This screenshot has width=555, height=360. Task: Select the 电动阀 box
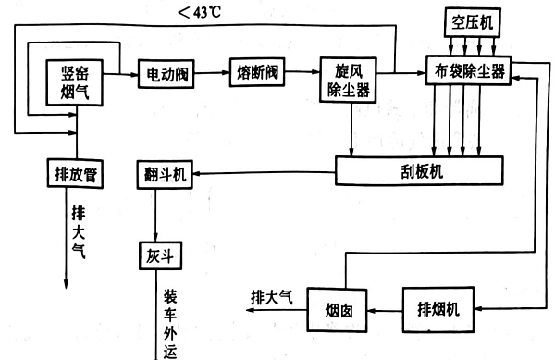[x=166, y=72]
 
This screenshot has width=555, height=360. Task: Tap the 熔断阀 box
[x=256, y=72]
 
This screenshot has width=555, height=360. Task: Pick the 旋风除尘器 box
[x=349, y=80]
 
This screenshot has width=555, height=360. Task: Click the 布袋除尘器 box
[x=466, y=72]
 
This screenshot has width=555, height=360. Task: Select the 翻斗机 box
[x=166, y=175]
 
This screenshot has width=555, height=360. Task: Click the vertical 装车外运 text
[x=170, y=324]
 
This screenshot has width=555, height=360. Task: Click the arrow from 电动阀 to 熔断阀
[x=212, y=72]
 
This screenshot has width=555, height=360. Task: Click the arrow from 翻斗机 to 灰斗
[x=157, y=218]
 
